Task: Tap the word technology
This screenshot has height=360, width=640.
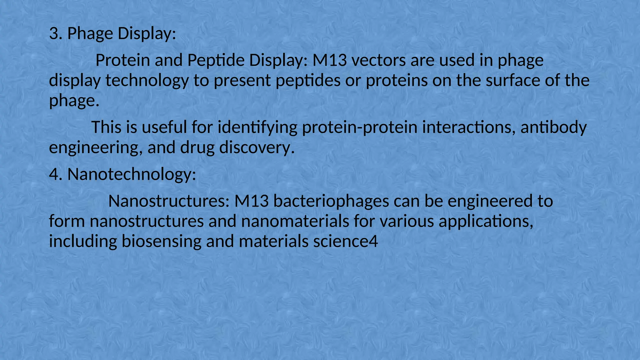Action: click(x=147, y=81)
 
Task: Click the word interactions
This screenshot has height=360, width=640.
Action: click(x=468, y=127)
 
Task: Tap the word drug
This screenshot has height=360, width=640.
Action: click(x=197, y=148)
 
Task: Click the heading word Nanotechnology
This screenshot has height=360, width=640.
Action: click(x=132, y=174)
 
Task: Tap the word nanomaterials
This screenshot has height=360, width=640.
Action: click(x=295, y=221)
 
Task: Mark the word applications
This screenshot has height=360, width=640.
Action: click(x=486, y=221)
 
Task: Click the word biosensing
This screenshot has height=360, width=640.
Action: click(x=161, y=241)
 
